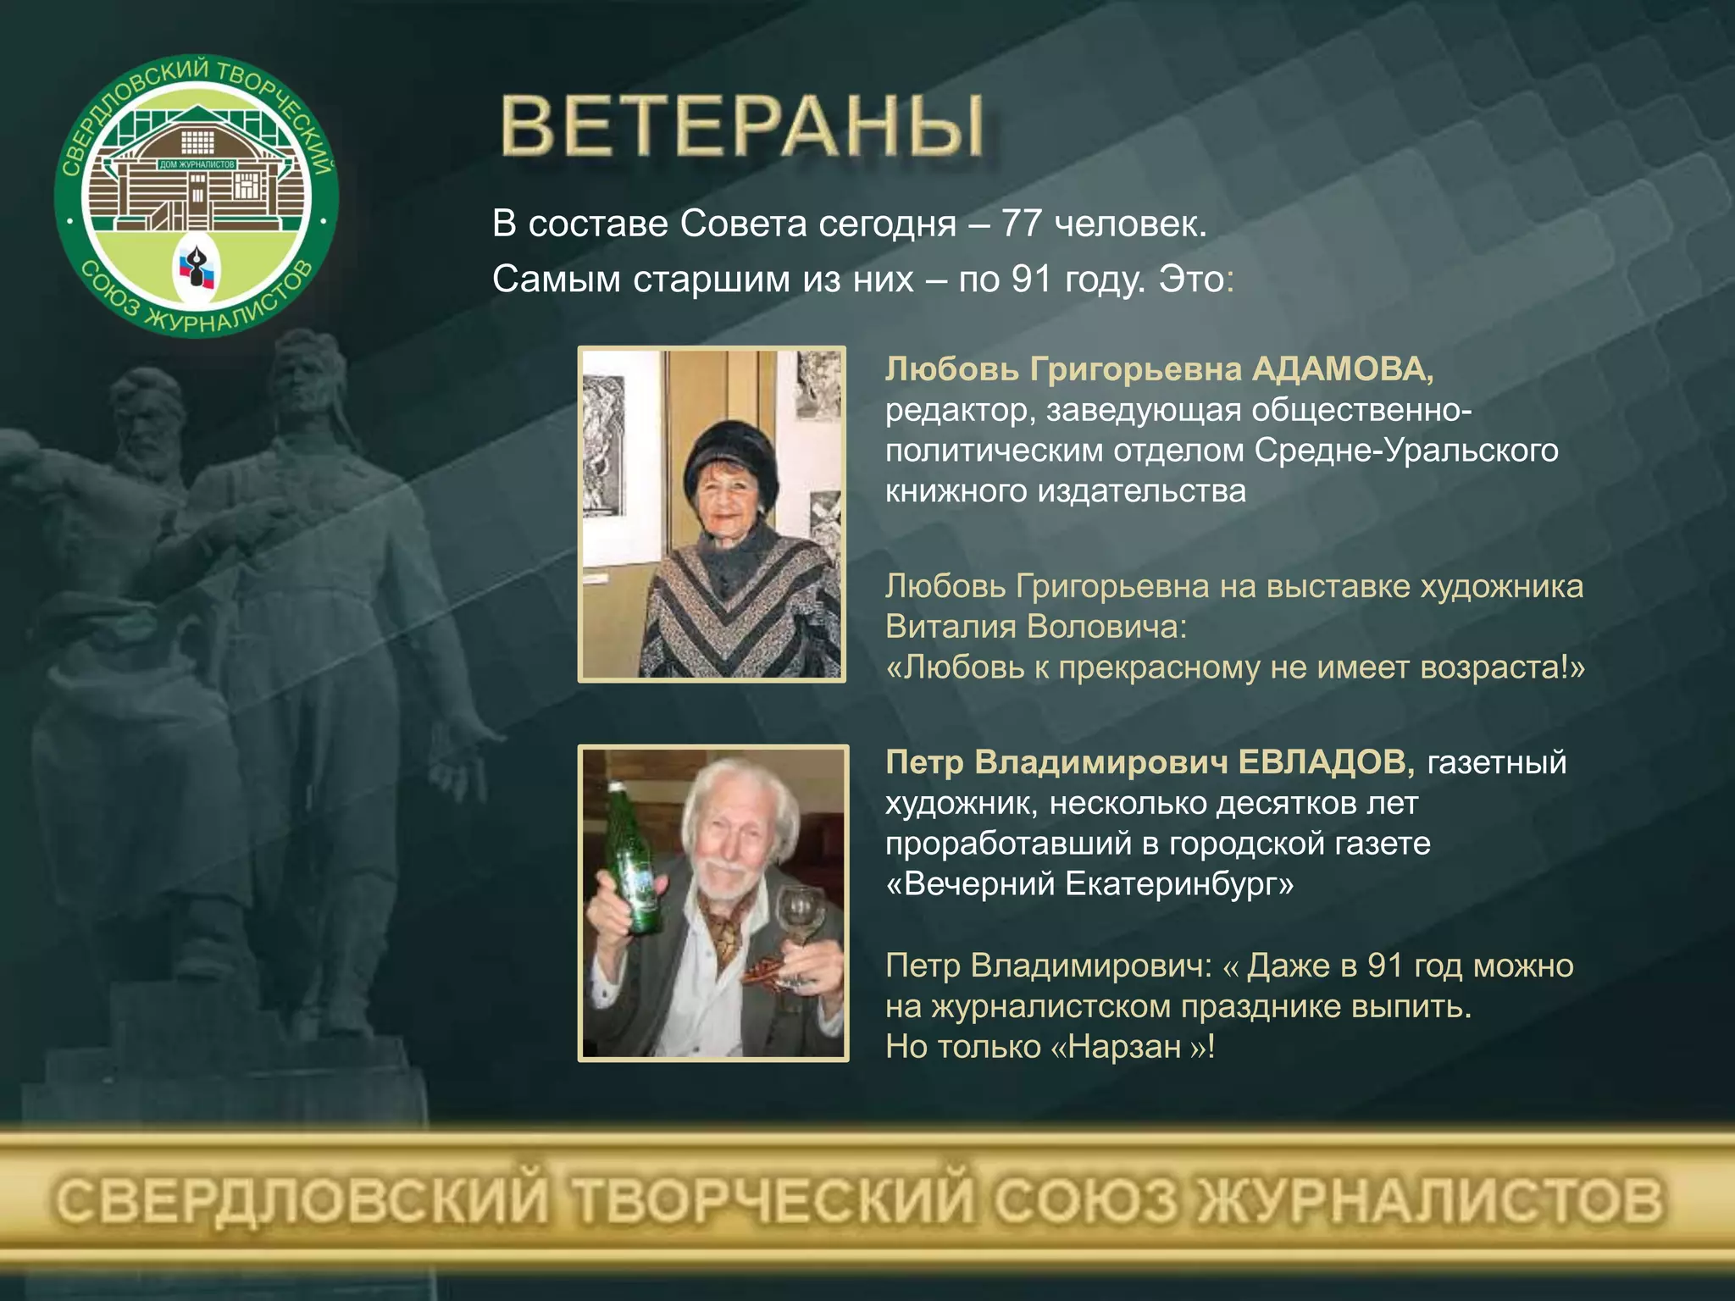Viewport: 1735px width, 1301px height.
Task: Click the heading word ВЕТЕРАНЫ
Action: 742,127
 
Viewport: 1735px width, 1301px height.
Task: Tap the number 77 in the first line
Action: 1022,224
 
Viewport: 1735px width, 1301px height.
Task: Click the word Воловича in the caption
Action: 1106,627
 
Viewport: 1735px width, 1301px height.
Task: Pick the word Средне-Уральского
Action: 1406,451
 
